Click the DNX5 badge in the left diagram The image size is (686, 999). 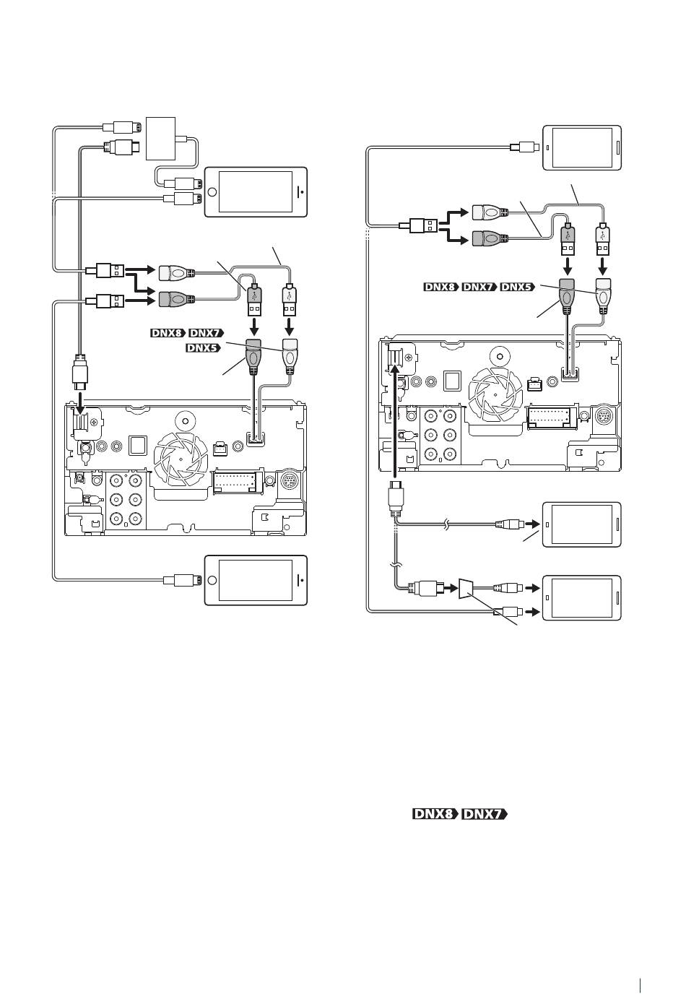pyautogui.click(x=203, y=347)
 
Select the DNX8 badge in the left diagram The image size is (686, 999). pyautogui.click(x=168, y=333)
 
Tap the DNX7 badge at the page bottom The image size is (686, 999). pyautogui.click(x=485, y=814)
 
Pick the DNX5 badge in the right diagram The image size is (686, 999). pyautogui.click(x=517, y=287)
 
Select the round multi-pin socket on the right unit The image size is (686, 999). pyautogui.click(x=604, y=415)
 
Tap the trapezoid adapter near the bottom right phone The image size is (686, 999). pyautogui.click(x=466, y=588)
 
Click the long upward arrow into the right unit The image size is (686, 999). pyautogui.click(x=394, y=419)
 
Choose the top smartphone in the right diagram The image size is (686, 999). pyautogui.click(x=582, y=147)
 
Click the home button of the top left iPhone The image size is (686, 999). pyautogui.click(x=212, y=192)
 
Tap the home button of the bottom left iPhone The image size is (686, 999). pyautogui.click(x=212, y=580)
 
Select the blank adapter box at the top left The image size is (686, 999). pyautogui.click(x=160, y=138)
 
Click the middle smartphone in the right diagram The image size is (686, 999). pyautogui.click(x=582, y=524)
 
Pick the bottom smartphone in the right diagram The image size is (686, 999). pyautogui.click(x=582, y=597)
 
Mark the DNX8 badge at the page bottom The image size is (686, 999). pyautogui.click(x=435, y=814)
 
